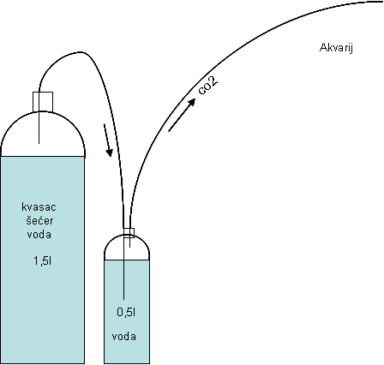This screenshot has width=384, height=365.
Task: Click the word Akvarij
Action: pos(336,48)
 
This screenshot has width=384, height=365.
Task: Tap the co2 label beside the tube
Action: pos(208,85)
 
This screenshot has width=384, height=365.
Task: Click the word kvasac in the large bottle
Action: pos(39,206)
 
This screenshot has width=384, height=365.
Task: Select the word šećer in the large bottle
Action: pos(39,220)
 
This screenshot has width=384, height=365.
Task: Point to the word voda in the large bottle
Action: pos(39,235)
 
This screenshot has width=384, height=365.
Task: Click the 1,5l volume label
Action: pos(43,260)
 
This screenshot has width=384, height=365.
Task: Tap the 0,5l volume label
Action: pos(126,312)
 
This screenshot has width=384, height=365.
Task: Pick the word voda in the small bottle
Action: pos(124,337)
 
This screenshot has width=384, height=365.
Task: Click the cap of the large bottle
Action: pos(43,102)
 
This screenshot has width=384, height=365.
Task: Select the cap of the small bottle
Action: pos(129,233)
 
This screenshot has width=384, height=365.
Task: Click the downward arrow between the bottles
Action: pos(108,141)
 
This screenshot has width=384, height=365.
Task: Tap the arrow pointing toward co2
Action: pos(182,115)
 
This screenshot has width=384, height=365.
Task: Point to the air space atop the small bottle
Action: pos(127,250)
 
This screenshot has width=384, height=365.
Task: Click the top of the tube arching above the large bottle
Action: pos(81,52)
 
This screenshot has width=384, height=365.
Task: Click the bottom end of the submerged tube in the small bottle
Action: pos(123,299)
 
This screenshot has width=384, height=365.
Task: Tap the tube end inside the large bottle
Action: pos(39,143)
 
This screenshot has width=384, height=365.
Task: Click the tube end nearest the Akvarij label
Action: pos(383,2)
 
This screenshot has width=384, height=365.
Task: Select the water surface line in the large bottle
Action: pos(43,156)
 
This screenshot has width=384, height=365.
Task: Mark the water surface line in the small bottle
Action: pos(127,260)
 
